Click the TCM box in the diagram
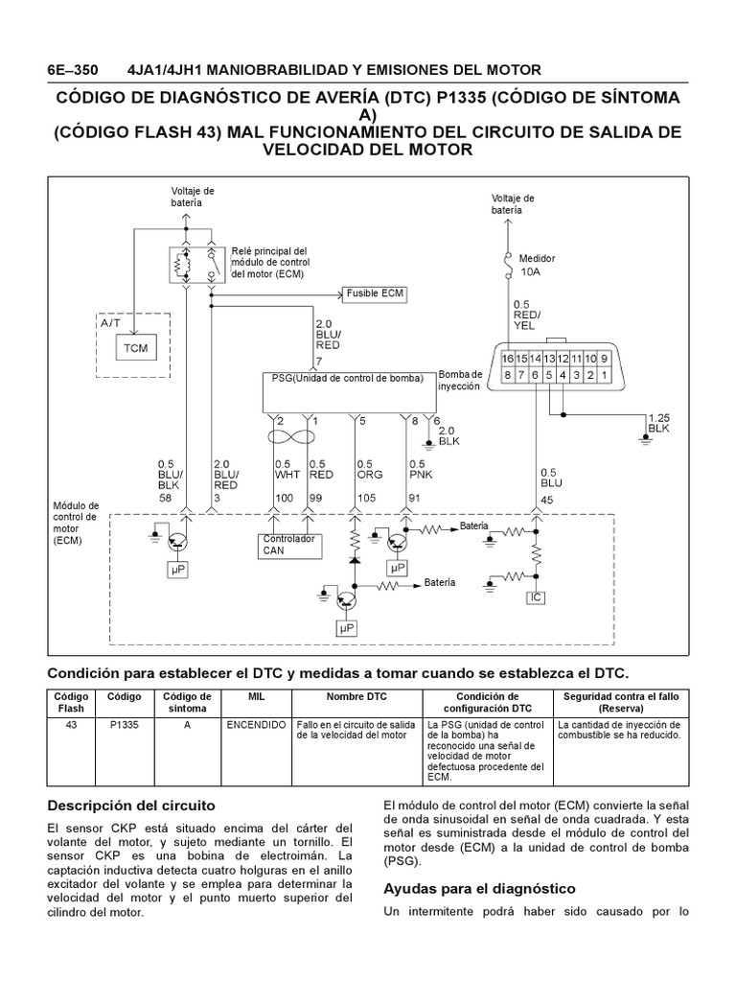[x=136, y=347]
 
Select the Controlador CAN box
[x=287, y=545]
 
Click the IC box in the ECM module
[x=536, y=597]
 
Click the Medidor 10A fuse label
[x=536, y=266]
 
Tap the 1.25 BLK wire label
[x=659, y=424]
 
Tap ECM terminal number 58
[x=165, y=498]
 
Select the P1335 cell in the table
[x=125, y=724]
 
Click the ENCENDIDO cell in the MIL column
[x=256, y=724]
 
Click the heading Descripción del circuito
[x=132, y=804]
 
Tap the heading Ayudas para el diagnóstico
[x=478, y=888]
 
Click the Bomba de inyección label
[x=459, y=380]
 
